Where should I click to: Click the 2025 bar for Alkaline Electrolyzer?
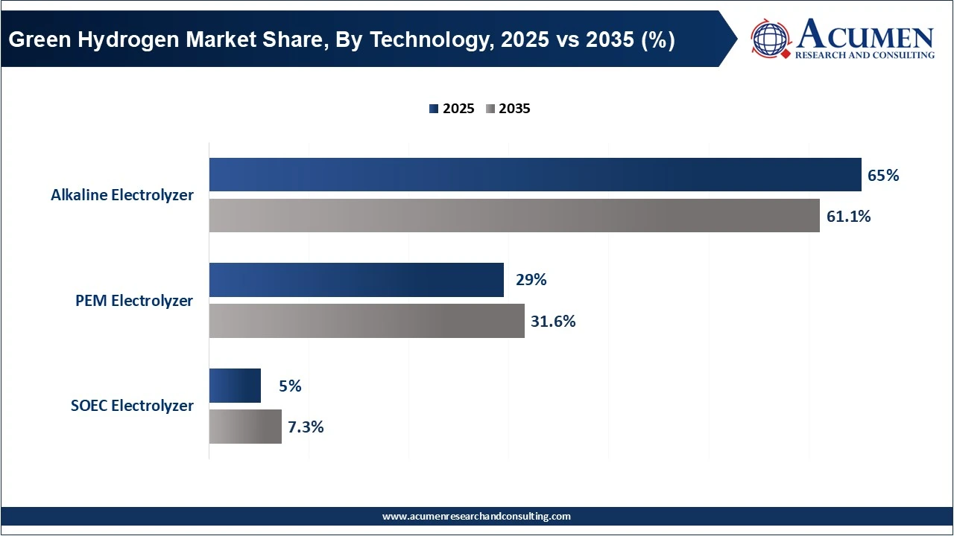pyautogui.click(x=534, y=175)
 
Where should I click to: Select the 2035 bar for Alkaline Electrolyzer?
pyautogui.click(x=514, y=216)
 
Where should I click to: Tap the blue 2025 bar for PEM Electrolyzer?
pyautogui.click(x=356, y=280)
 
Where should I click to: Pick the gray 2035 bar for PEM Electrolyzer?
pyautogui.click(x=366, y=321)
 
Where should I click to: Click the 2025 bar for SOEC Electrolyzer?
pyautogui.click(x=235, y=386)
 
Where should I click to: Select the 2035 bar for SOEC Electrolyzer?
pyautogui.click(x=245, y=427)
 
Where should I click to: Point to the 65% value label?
pyautogui.click(x=883, y=176)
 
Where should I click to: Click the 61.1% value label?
pyautogui.click(x=848, y=217)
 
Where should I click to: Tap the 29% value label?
pyautogui.click(x=531, y=280)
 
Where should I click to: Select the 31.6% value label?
pyautogui.click(x=553, y=322)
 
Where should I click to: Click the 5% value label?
pyautogui.click(x=290, y=386)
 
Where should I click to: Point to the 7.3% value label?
pyautogui.click(x=306, y=427)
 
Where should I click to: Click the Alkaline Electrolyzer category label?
pyautogui.click(x=122, y=195)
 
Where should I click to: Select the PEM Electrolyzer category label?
pyautogui.click(x=134, y=301)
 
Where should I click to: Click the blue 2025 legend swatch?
pyautogui.click(x=433, y=109)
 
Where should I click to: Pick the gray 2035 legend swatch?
pyautogui.click(x=490, y=109)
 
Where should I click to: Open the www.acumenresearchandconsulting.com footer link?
pyautogui.click(x=476, y=516)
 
